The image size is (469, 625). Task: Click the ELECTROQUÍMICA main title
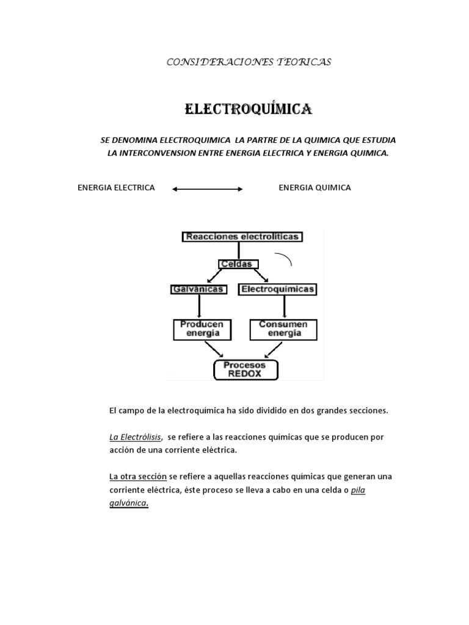(249, 109)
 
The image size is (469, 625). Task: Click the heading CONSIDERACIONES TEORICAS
(249, 62)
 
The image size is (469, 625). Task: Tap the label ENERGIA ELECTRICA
(116, 188)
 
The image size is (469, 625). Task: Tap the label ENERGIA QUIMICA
(314, 188)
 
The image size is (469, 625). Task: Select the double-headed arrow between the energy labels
(208, 189)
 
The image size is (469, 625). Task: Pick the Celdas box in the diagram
(239, 264)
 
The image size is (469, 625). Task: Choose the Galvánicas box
(198, 289)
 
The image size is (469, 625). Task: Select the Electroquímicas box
(278, 289)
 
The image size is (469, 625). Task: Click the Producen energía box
(202, 329)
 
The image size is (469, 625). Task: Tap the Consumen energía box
(283, 329)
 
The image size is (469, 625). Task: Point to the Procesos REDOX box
(245, 370)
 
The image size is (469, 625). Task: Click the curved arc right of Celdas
(286, 259)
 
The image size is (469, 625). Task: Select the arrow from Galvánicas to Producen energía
(199, 307)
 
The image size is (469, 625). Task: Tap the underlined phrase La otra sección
(137, 476)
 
